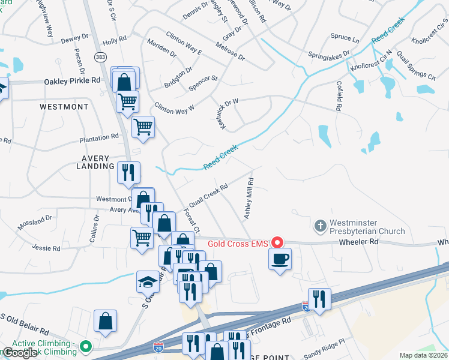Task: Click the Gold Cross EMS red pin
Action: tap(277, 242)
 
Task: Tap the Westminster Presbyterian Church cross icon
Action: tap(321, 226)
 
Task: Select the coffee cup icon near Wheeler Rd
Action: tap(280, 259)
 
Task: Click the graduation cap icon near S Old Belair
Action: tap(147, 281)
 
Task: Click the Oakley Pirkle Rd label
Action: tap(72, 80)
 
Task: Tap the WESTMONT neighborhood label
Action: tap(64, 107)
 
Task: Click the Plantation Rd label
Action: tap(99, 138)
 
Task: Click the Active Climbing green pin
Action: tap(86, 346)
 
